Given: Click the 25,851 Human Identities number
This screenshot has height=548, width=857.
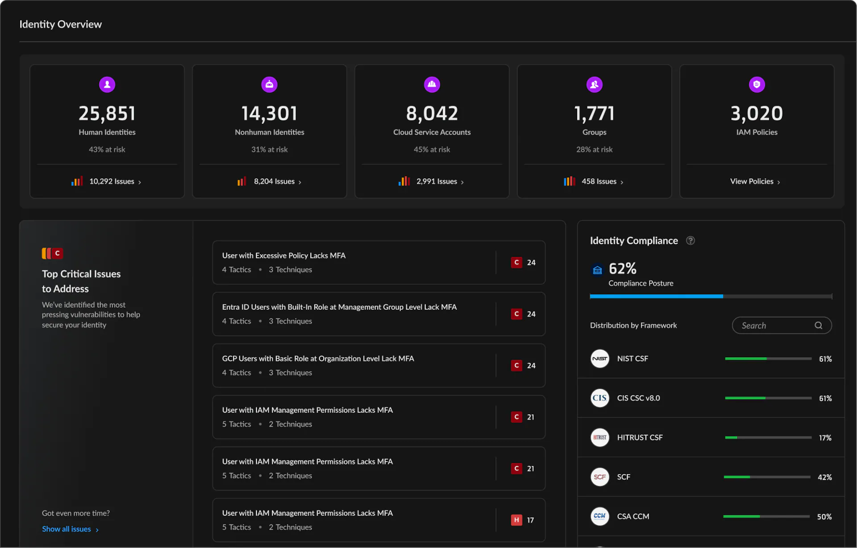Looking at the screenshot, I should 107,113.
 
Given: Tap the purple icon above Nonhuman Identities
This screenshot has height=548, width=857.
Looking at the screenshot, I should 269,84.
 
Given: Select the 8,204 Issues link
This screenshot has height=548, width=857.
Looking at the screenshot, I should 274,181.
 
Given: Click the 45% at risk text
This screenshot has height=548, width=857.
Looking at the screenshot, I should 432,149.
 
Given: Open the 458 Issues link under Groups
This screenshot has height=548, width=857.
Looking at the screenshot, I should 599,181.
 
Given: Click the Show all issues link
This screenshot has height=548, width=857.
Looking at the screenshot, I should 67,529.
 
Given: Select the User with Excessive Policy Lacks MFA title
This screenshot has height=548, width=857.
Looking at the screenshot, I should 284,255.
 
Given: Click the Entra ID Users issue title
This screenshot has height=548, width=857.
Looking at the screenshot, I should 339,307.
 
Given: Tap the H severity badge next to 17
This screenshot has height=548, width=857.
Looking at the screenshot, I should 516,520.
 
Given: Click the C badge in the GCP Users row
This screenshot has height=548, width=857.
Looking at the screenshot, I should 516,366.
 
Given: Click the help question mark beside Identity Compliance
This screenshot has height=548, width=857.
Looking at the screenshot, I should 690,241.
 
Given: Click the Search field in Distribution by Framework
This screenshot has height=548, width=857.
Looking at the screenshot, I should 772,326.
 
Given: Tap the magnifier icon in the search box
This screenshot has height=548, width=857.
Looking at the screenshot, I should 818,326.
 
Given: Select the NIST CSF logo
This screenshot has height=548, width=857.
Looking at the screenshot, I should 599,358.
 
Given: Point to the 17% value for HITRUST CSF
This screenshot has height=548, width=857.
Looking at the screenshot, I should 825,438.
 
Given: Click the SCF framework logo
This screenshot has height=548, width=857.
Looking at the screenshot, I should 599,477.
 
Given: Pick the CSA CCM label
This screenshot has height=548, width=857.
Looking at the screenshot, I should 633,516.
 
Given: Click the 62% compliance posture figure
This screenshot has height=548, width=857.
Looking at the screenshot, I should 622,268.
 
